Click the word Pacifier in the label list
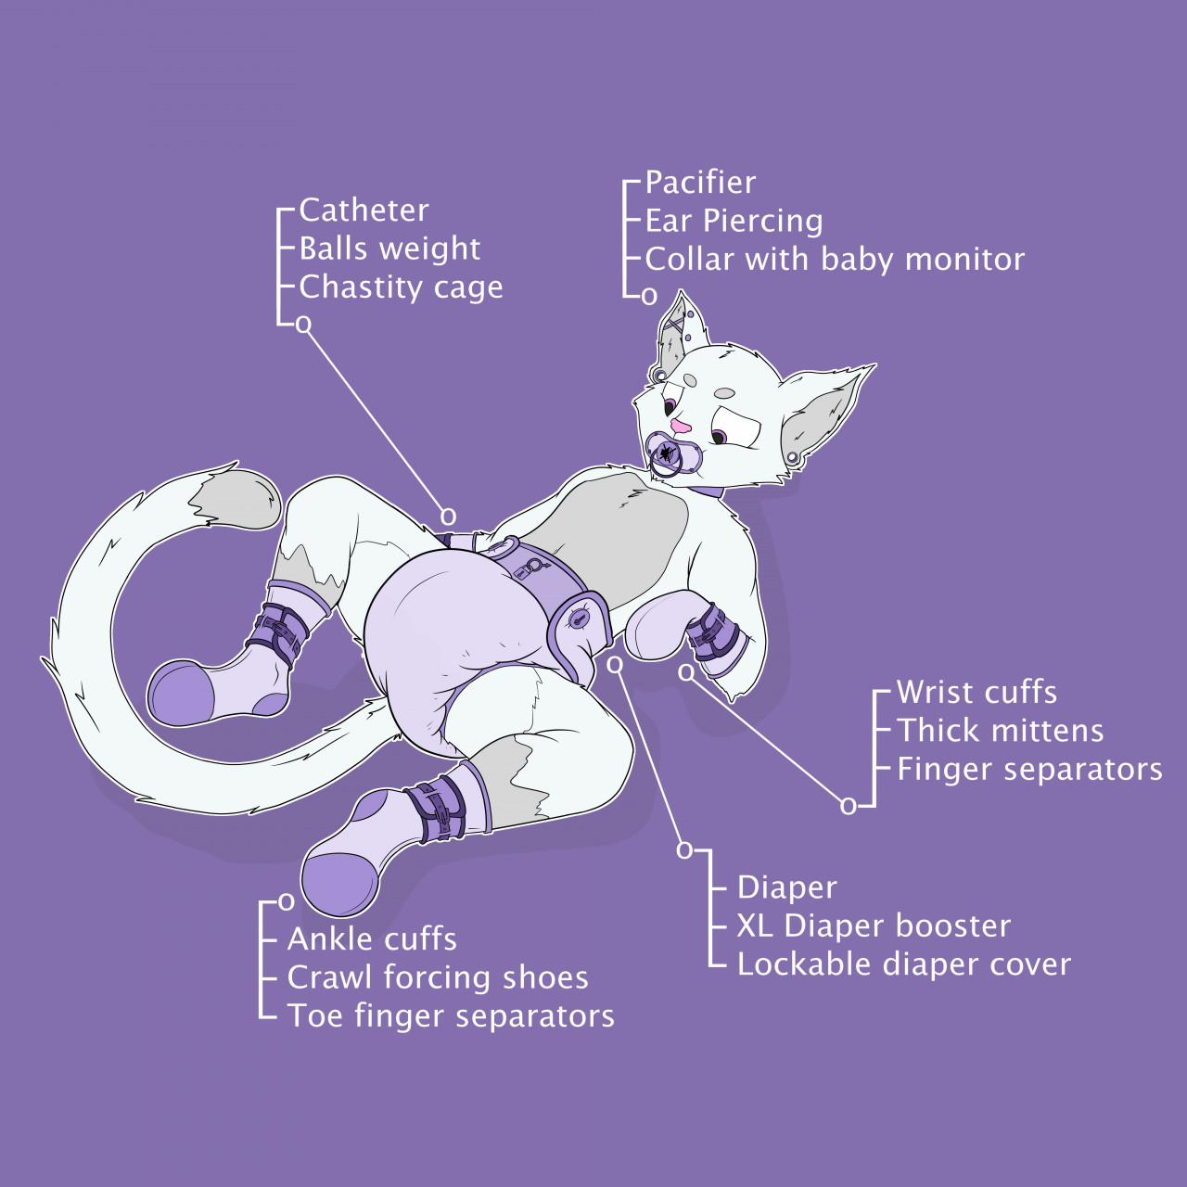700,183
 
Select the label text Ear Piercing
734,222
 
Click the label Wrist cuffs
976,693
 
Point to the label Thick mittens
1000,731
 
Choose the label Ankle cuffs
372,939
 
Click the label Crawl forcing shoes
438,978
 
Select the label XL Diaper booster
874,925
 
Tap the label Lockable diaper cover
903,964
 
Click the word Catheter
364,211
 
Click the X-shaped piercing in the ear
674,324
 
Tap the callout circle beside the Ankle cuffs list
287,902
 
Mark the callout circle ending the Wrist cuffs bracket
849,806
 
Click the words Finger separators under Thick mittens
1029,770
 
